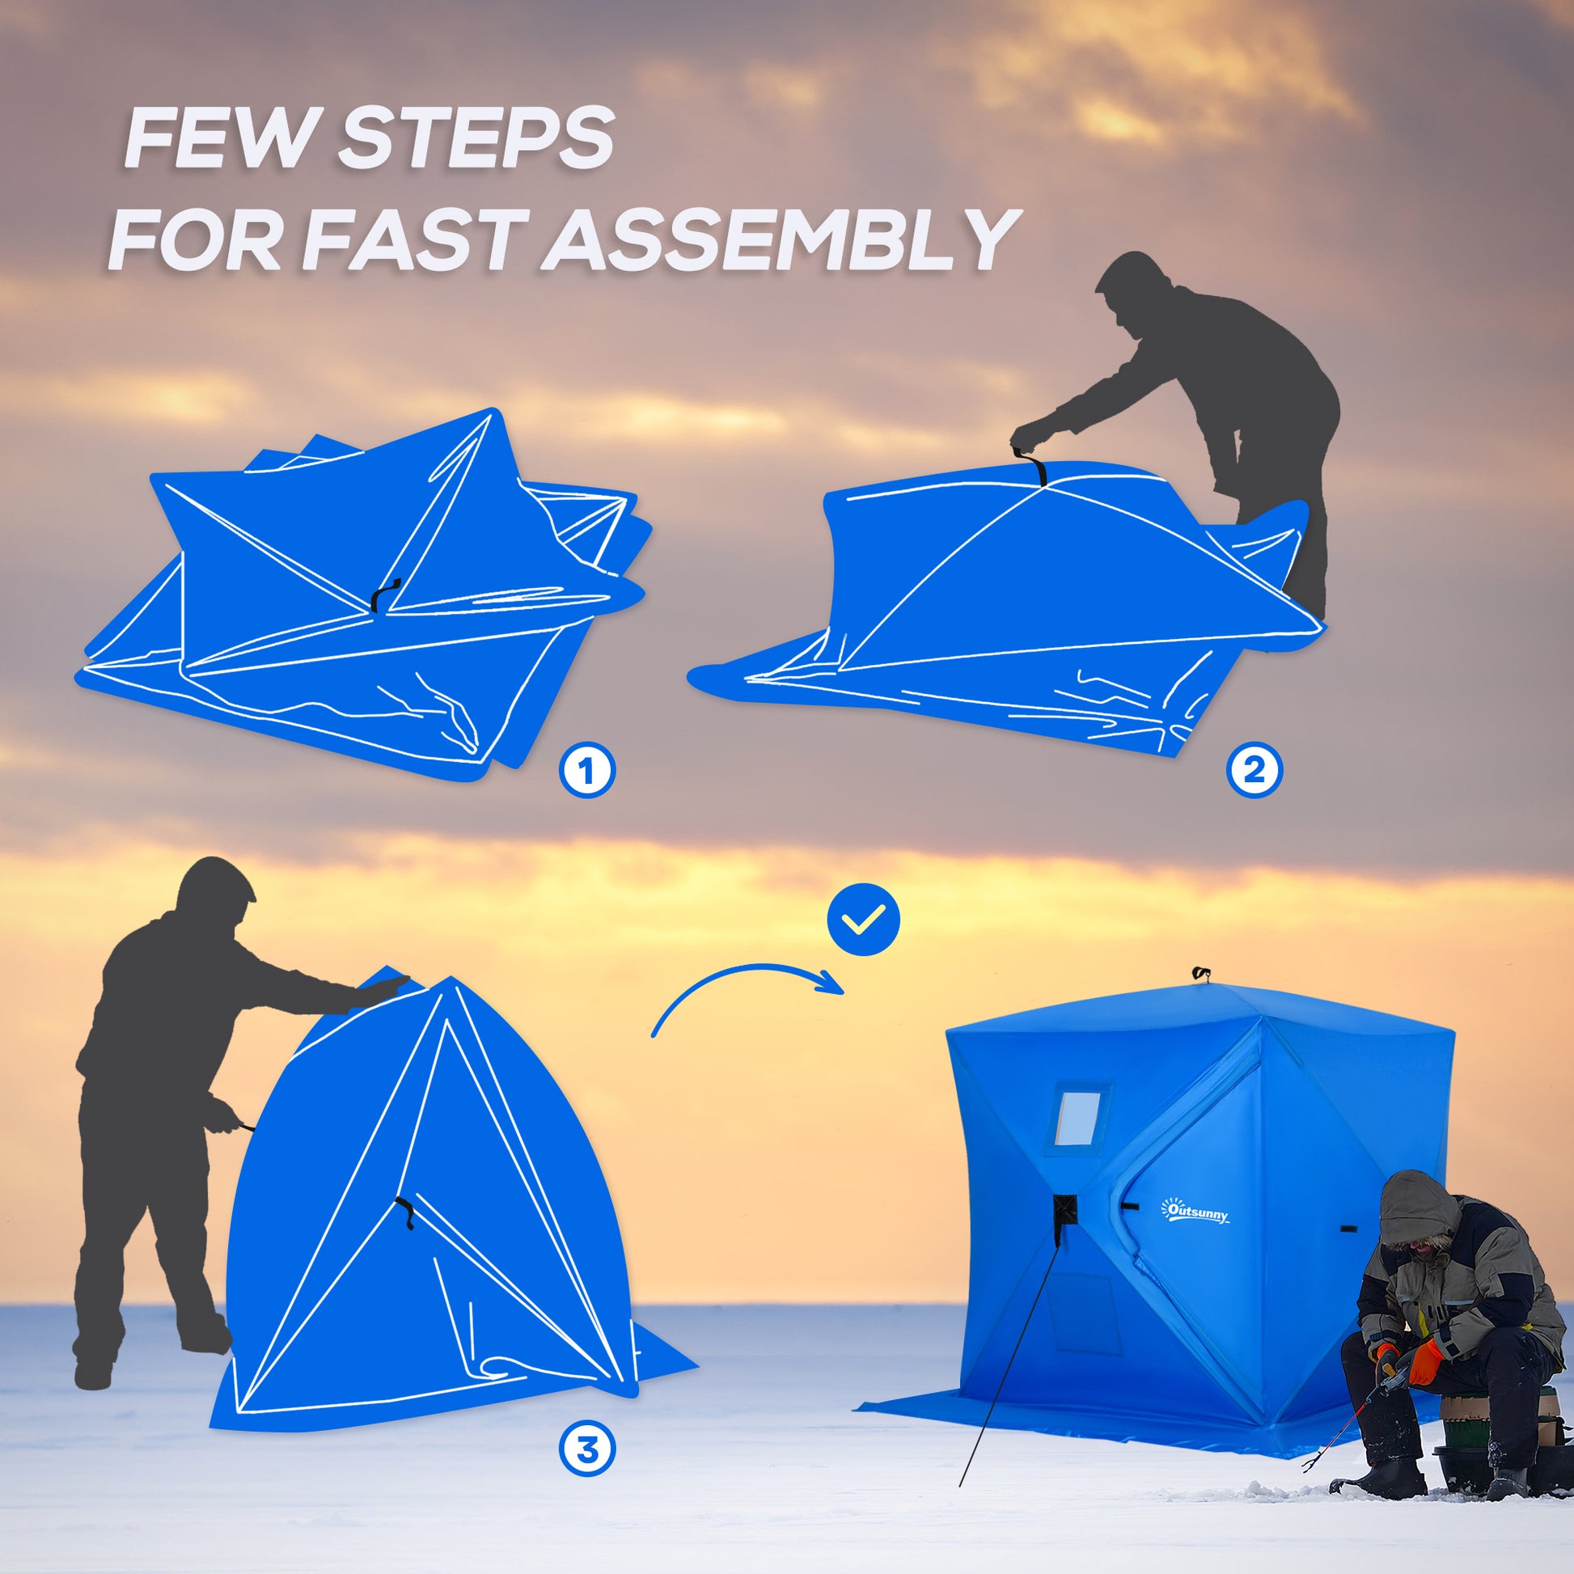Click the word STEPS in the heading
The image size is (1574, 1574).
pyautogui.click(x=476, y=139)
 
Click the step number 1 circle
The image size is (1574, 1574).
pyautogui.click(x=586, y=769)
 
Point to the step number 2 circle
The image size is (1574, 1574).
pyautogui.click(x=1255, y=769)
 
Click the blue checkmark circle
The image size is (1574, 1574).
pyautogui.click(x=864, y=920)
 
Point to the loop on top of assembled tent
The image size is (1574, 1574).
pyautogui.click(x=1200, y=973)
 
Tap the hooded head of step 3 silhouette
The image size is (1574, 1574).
pyautogui.click(x=215, y=895)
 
